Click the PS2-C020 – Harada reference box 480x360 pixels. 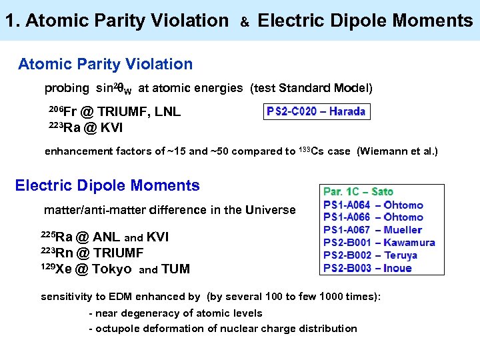(316, 111)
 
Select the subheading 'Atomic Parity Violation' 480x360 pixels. (105, 65)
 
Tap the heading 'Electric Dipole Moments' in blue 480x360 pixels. (107, 185)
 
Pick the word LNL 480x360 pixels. (167, 112)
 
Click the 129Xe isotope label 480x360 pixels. (56, 269)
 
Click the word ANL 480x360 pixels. (107, 237)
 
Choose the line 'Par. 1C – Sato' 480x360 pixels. (359, 192)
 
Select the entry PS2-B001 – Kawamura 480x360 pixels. (379, 243)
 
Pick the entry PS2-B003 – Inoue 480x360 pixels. (367, 268)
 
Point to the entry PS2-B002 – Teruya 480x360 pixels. (370, 255)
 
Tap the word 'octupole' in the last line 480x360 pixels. (120, 328)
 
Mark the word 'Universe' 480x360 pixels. (270, 210)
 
